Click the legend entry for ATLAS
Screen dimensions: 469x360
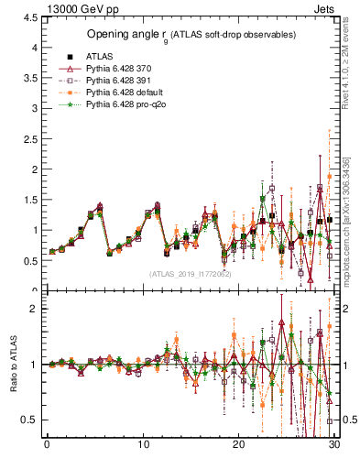click(98, 57)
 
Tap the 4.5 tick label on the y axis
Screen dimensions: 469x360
click(28, 17)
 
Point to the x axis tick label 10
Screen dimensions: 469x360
click(143, 444)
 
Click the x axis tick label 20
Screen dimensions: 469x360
click(238, 444)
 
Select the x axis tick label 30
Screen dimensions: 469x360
click(334, 444)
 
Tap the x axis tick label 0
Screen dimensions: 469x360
click(47, 444)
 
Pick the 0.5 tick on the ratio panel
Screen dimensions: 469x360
click(28, 420)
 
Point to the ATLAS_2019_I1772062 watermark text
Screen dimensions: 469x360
click(191, 273)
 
